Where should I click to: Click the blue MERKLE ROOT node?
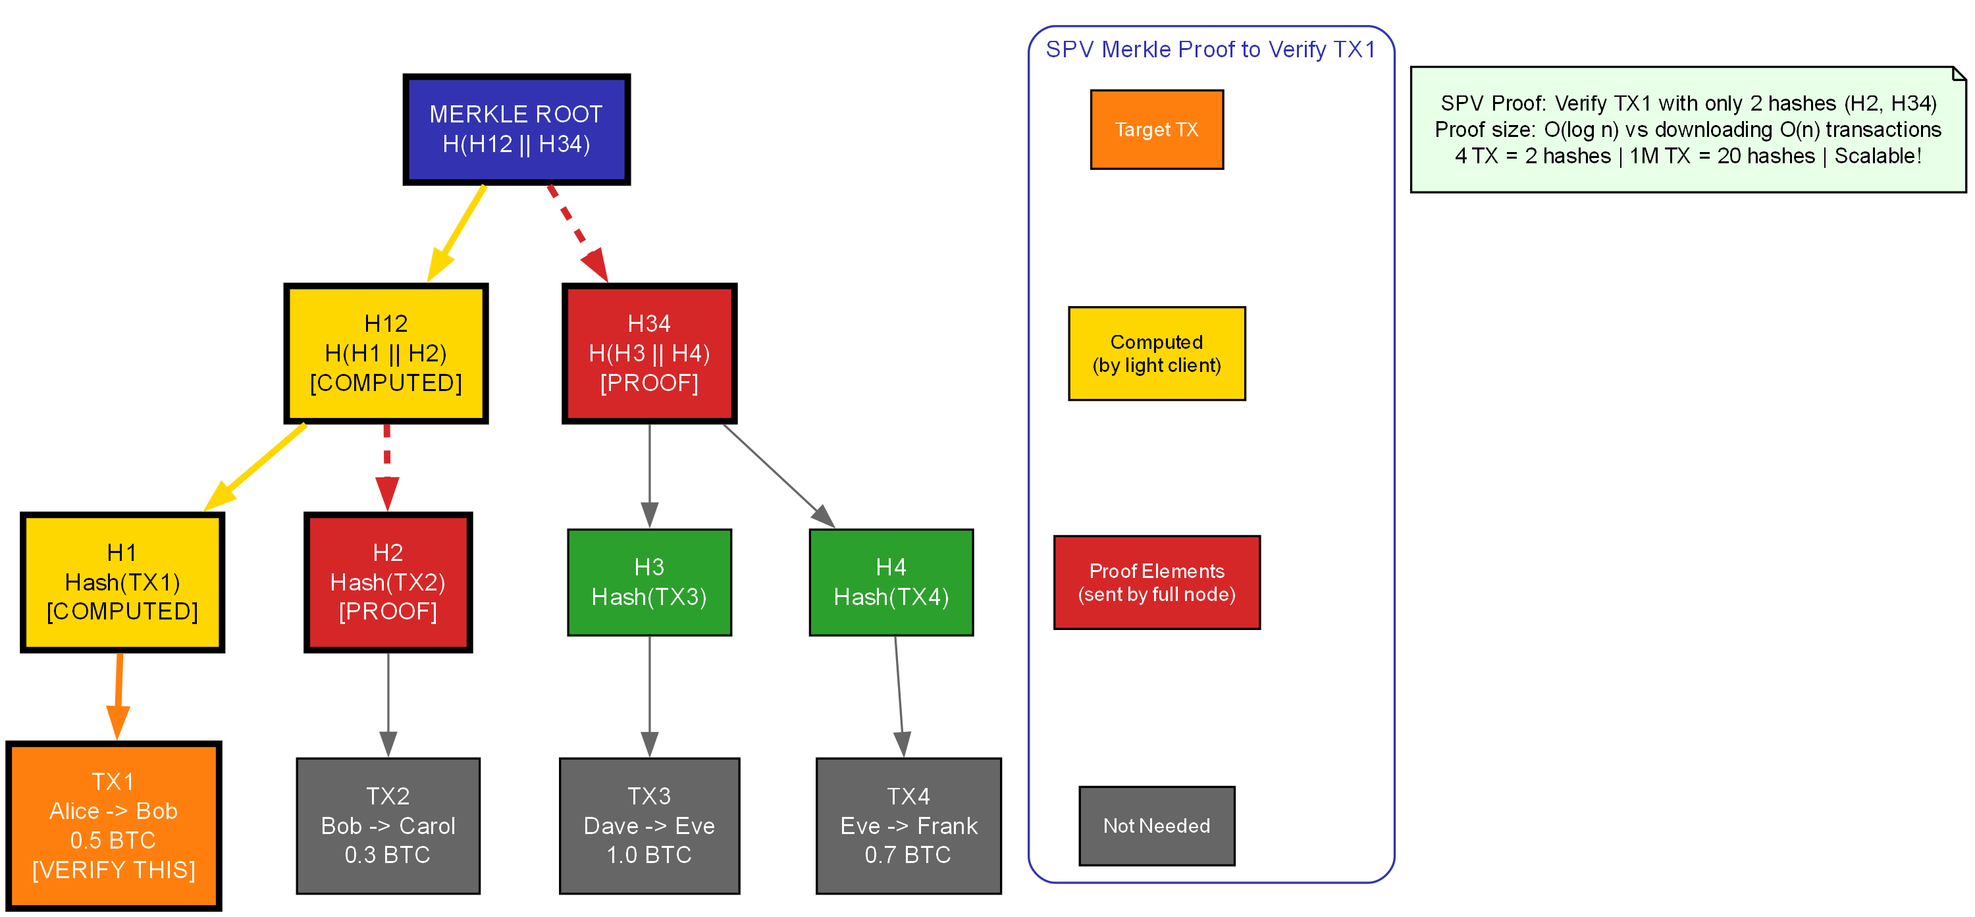pyautogui.click(x=516, y=129)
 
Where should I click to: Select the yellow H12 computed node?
pyautogui.click(x=386, y=353)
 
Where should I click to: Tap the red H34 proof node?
pyautogui.click(x=648, y=353)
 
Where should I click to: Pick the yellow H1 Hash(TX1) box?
pyautogui.click(x=122, y=582)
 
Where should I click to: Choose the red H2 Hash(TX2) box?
pyautogui.click(x=387, y=582)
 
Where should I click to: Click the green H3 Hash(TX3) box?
pyautogui.click(x=648, y=582)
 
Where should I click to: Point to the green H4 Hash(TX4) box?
pyautogui.click(x=891, y=582)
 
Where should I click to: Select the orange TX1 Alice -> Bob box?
pyautogui.click(x=113, y=825)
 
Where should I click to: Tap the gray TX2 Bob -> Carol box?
pyautogui.click(x=387, y=825)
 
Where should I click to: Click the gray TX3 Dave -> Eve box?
pyautogui.click(x=648, y=825)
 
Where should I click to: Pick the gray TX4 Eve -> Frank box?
pyautogui.click(x=908, y=825)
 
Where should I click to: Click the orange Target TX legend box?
pyautogui.click(x=1156, y=129)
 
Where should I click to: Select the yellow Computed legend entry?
pyautogui.click(x=1156, y=353)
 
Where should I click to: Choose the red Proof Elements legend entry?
pyautogui.click(x=1156, y=582)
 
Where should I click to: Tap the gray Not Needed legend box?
pyautogui.click(x=1156, y=825)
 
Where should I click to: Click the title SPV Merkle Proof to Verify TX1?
pyautogui.click(x=1210, y=49)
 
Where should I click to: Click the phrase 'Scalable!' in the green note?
pyautogui.click(x=1878, y=155)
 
